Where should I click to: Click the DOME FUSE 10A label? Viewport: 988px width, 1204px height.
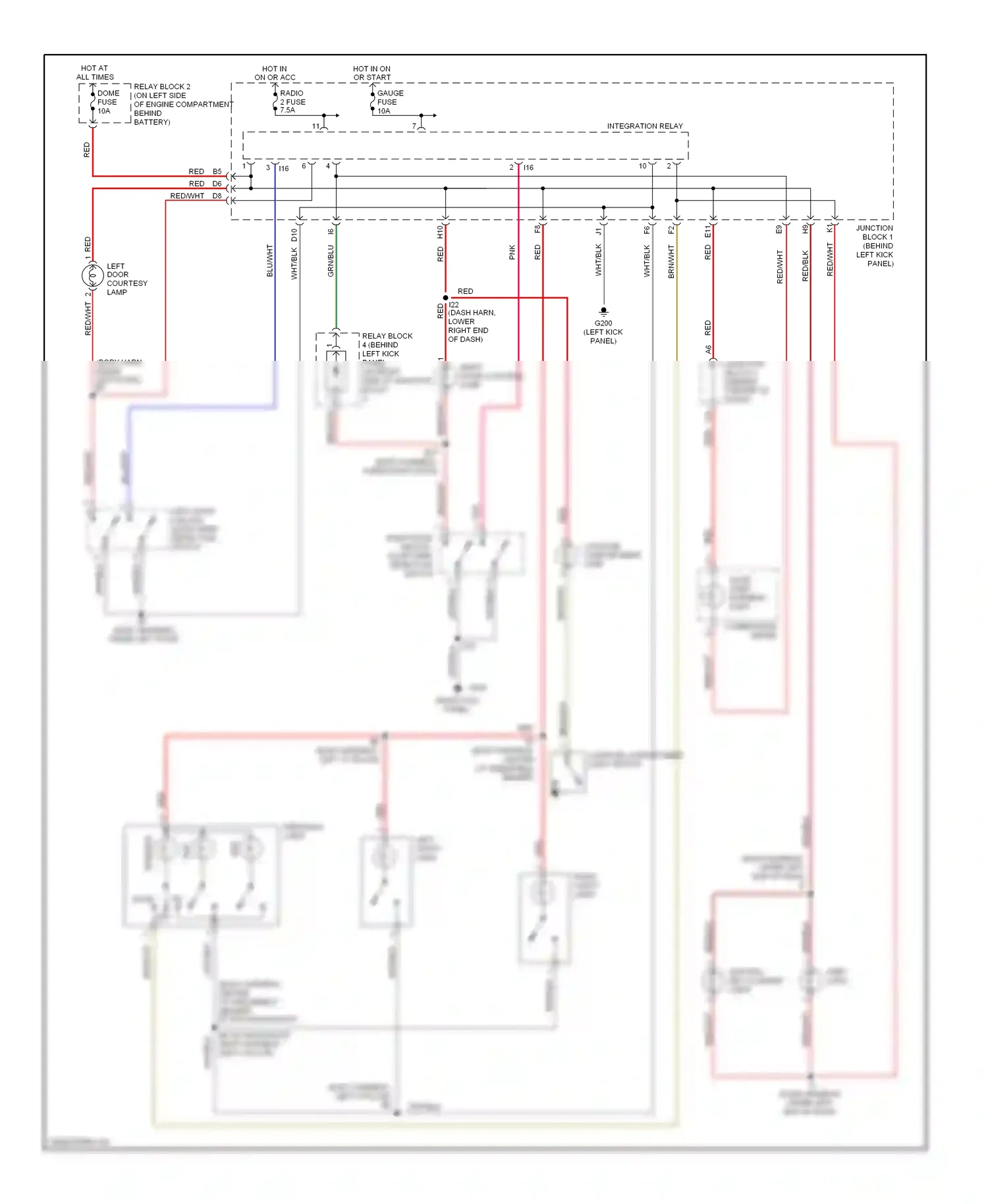(x=108, y=102)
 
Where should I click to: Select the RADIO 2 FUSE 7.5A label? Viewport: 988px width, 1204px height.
(x=292, y=102)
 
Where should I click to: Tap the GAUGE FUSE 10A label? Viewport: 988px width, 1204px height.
(x=389, y=102)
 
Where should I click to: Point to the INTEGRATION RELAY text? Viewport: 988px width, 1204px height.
(x=644, y=126)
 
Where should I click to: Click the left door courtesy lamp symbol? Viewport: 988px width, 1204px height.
(x=92, y=276)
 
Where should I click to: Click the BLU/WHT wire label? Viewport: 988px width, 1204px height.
(x=269, y=260)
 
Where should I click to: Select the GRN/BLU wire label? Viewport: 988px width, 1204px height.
(x=331, y=261)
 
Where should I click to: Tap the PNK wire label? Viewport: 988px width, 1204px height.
(x=512, y=252)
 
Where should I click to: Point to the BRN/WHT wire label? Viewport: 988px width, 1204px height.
(x=671, y=261)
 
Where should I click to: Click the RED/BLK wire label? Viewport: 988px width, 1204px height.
(x=805, y=265)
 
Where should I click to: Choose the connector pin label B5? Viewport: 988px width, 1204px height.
(x=217, y=172)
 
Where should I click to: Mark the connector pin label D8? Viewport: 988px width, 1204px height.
(x=217, y=196)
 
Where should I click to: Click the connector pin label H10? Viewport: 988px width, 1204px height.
(x=440, y=232)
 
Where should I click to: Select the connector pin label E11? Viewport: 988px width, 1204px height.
(x=707, y=232)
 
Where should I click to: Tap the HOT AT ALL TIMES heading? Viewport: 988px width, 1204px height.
(x=95, y=72)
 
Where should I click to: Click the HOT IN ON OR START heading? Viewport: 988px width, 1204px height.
(x=371, y=73)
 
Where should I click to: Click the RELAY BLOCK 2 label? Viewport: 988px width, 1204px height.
(x=161, y=87)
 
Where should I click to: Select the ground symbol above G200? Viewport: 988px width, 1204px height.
(x=603, y=312)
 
